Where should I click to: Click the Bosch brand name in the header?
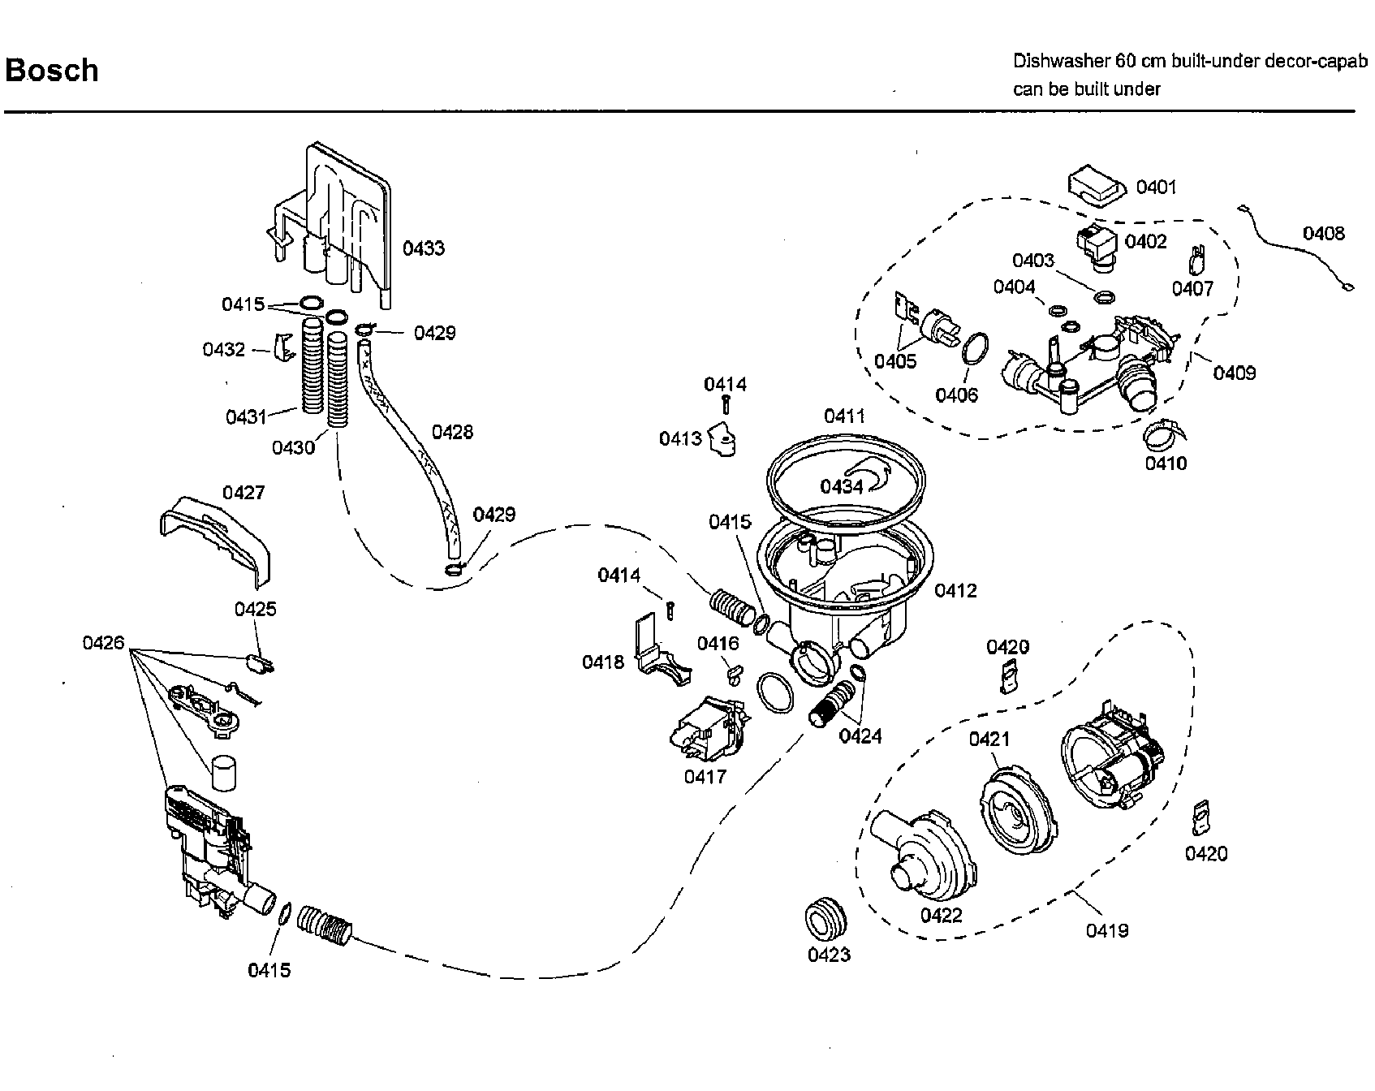(52, 71)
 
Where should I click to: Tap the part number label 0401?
(1156, 188)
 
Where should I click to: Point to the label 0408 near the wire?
(1323, 234)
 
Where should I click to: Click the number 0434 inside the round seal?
(841, 486)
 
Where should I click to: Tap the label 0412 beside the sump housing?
(955, 590)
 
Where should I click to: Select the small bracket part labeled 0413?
(722, 441)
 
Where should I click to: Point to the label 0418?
(603, 662)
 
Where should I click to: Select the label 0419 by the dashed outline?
(1107, 930)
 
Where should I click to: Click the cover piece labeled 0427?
(214, 538)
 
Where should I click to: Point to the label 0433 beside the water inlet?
(424, 248)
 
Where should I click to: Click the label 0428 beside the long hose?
(452, 432)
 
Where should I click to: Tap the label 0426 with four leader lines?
(103, 643)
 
